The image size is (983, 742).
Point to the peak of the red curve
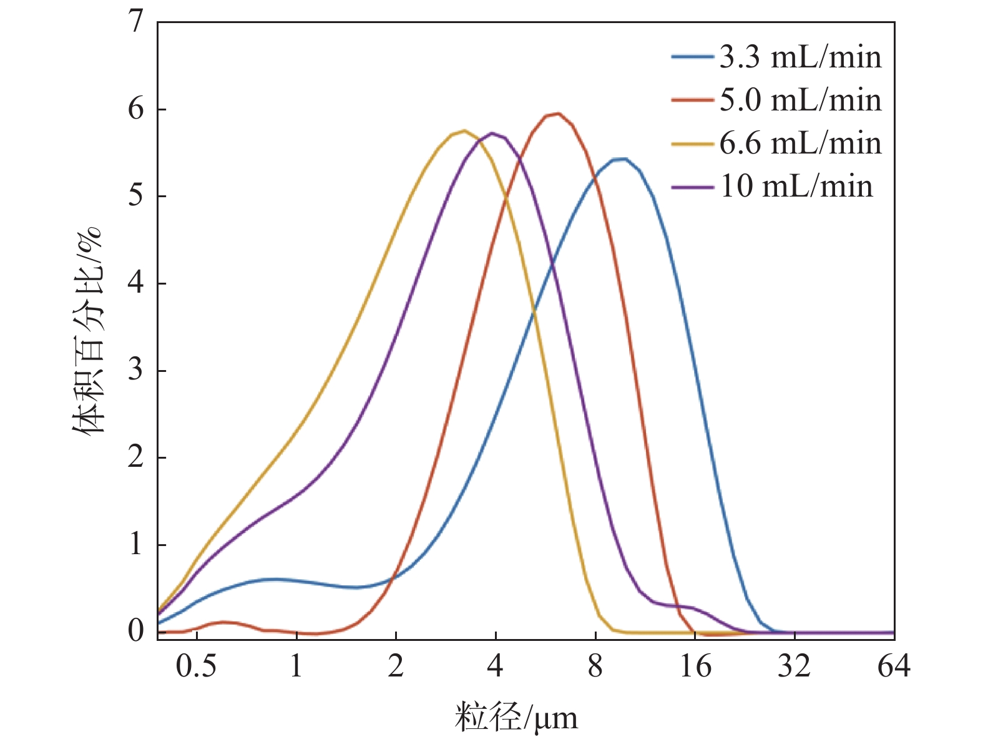click(558, 114)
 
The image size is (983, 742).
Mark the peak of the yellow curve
click(464, 130)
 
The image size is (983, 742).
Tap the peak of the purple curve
click(493, 133)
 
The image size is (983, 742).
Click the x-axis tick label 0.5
click(196, 667)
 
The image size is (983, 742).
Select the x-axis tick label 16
click(695, 667)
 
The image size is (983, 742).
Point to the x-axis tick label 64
click(894, 667)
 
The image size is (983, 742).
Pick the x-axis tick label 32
click(794, 667)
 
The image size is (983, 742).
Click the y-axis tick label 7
click(135, 22)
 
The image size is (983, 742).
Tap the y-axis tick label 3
click(135, 371)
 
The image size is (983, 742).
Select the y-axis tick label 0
click(135, 632)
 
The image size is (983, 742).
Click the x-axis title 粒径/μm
click(516, 718)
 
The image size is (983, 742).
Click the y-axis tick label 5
click(135, 197)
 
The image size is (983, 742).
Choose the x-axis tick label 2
click(396, 667)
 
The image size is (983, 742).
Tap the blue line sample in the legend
click(692, 57)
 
